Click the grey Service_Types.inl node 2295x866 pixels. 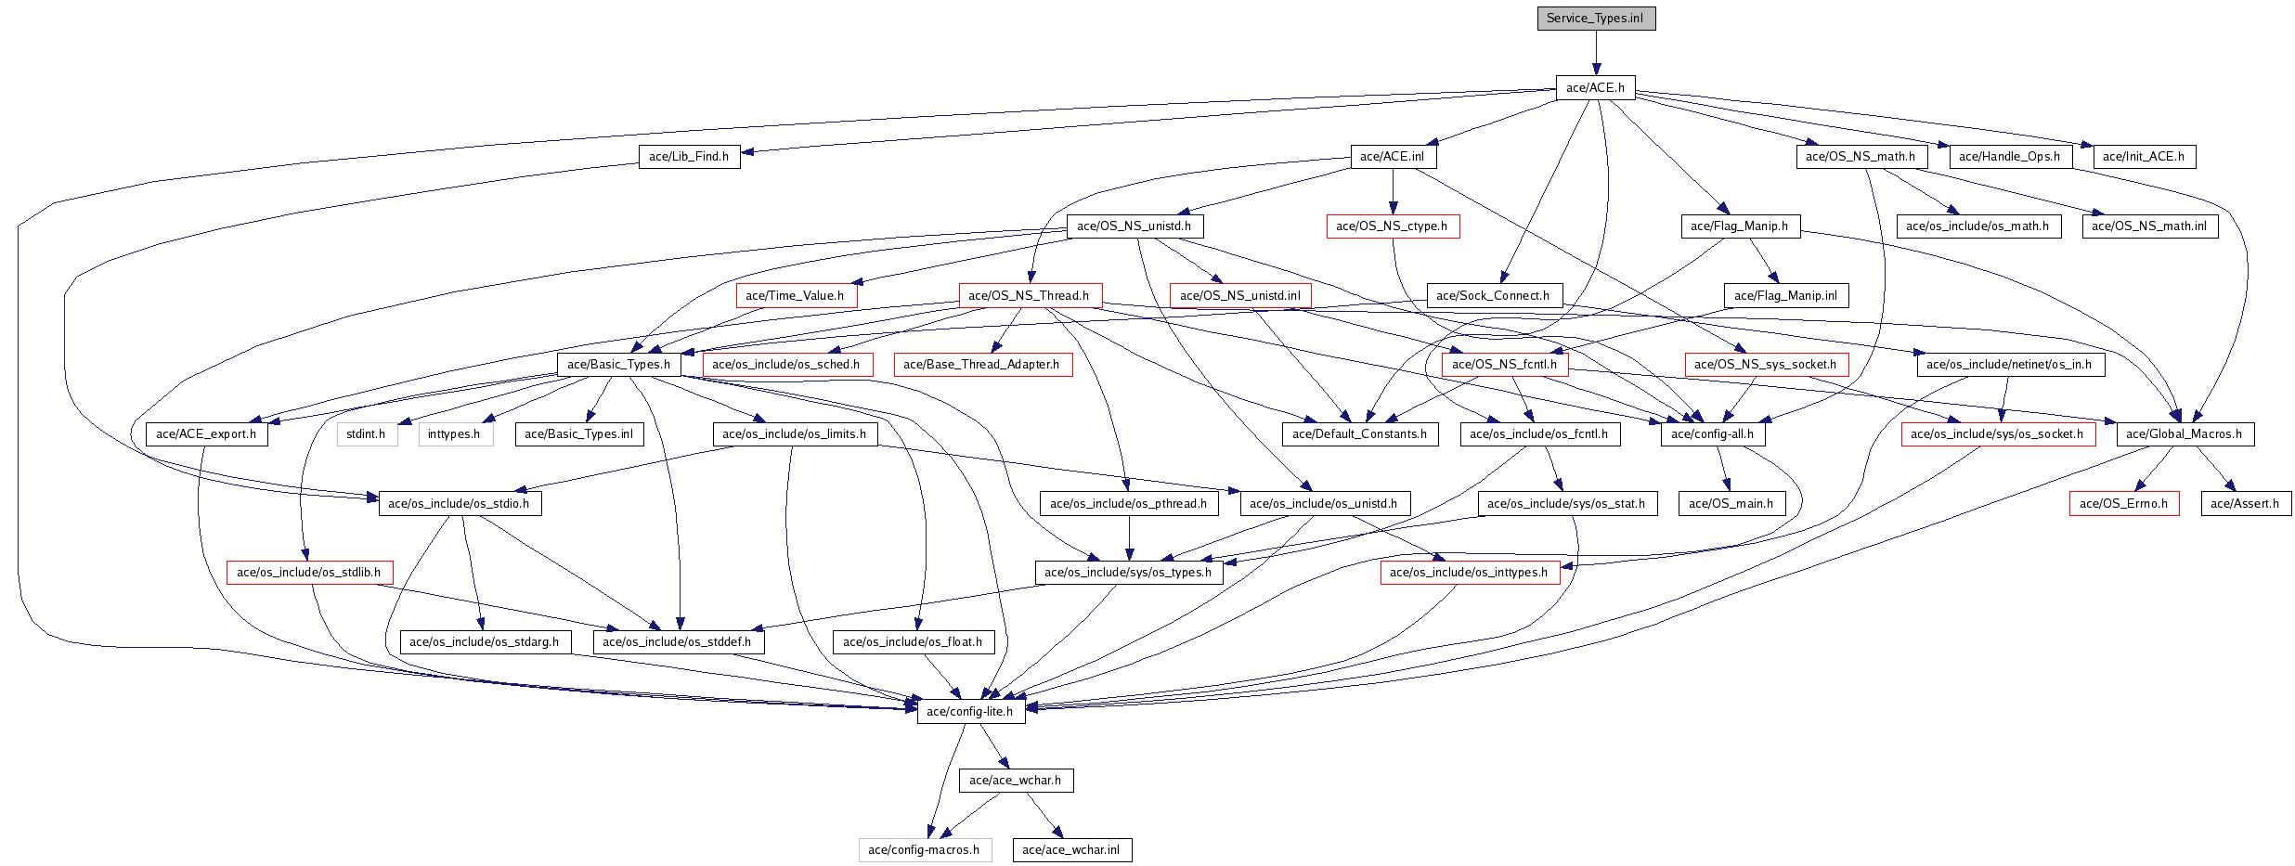[1595, 19]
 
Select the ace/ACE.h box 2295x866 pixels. [1595, 88]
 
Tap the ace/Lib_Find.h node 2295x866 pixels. [689, 157]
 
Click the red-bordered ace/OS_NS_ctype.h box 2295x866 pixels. [1392, 226]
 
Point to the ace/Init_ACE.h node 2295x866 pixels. [2144, 157]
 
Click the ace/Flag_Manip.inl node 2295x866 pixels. [1786, 296]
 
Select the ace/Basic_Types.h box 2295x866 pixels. [618, 365]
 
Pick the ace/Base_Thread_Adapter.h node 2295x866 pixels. [981, 365]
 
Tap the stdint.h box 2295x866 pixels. [366, 434]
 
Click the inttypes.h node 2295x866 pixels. [454, 434]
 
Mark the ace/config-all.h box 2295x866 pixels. [1712, 434]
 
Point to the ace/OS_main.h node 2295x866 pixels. [1731, 504]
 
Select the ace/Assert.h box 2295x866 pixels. [2245, 504]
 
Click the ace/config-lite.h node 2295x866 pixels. [970, 712]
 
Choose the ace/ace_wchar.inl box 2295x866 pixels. [1071, 850]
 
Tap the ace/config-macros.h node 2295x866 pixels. [924, 850]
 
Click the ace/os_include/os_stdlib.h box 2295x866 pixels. [309, 573]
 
